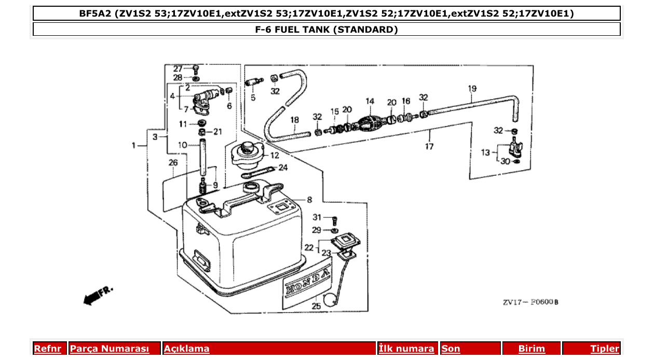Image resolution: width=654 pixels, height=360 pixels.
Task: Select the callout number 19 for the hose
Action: pyautogui.click(x=472, y=89)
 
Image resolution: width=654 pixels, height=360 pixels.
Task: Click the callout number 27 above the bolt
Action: pyautogui.click(x=178, y=68)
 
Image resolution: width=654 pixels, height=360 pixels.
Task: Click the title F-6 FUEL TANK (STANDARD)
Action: pyautogui.click(x=326, y=30)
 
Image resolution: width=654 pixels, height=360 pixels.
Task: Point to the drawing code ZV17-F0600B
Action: pyautogui.click(x=530, y=302)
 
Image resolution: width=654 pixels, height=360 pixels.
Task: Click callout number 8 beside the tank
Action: pyautogui.click(x=309, y=199)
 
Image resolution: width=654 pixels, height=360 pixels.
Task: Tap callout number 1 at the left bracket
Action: pyautogui.click(x=134, y=146)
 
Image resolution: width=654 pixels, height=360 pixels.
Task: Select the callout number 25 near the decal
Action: pyautogui.click(x=316, y=306)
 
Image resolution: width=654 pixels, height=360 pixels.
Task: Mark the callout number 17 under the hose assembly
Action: pyautogui.click(x=429, y=147)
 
